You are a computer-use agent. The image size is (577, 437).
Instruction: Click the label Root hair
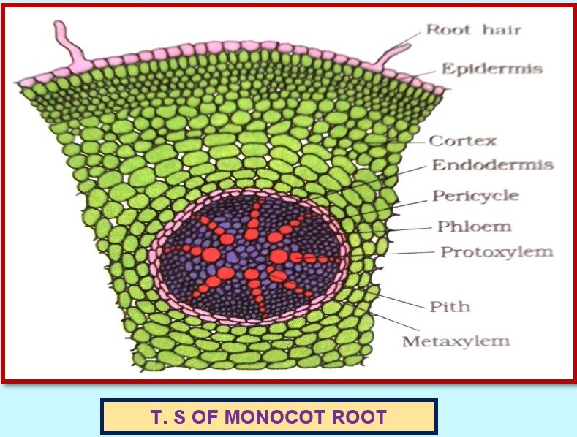click(464, 30)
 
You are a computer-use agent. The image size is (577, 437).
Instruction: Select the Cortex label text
click(462, 140)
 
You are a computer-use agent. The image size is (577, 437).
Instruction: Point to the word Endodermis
click(493, 164)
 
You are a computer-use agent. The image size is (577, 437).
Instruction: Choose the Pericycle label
click(475, 196)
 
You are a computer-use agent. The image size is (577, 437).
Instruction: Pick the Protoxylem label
click(497, 252)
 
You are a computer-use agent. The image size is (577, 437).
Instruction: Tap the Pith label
click(450, 305)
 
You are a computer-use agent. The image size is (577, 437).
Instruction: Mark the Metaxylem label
click(457, 341)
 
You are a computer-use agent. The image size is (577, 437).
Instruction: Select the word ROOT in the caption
click(360, 419)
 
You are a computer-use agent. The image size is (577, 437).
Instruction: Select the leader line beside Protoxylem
click(413, 253)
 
